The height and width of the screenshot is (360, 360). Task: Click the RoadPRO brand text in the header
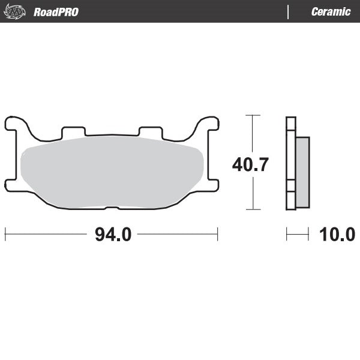pyautogui.click(x=56, y=12)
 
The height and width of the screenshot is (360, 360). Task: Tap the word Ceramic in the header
pyautogui.click(x=331, y=12)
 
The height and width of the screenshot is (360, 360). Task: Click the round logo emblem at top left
pyautogui.click(x=16, y=12)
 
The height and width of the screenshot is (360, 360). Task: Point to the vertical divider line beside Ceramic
pyautogui.click(x=289, y=12)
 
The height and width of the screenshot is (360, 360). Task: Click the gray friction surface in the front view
pyautogui.click(x=111, y=173)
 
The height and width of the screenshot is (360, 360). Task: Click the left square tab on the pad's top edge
pyautogui.click(x=74, y=131)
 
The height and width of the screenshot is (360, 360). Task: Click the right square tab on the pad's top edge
pyautogui.click(x=150, y=131)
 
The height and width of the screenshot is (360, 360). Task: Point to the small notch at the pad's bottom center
pyautogui.click(x=112, y=208)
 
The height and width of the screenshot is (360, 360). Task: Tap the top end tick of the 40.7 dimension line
pyautogui.click(x=253, y=115)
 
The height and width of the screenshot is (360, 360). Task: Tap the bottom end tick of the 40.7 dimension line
pyautogui.click(x=253, y=209)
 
